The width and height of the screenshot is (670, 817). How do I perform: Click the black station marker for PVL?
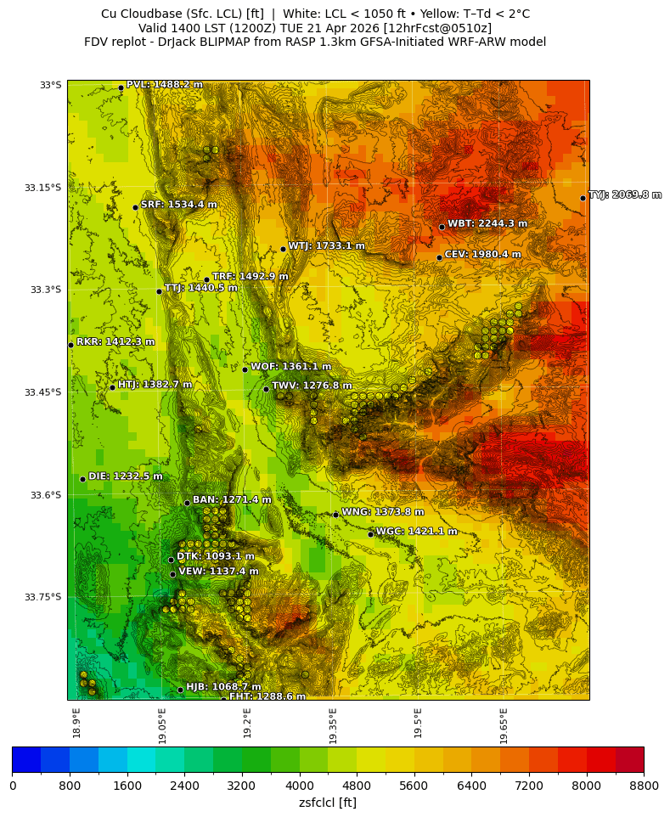(121, 87)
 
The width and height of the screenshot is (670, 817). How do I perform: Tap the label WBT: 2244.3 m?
(487, 223)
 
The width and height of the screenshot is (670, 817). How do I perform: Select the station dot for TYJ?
(583, 198)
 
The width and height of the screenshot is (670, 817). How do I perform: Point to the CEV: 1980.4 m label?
(482, 254)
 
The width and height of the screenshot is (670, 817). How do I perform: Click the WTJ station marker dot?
(283, 249)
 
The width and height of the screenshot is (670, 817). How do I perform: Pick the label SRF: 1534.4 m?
(178, 205)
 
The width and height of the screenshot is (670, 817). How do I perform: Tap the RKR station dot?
(70, 345)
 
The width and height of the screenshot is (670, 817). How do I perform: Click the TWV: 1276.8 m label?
(312, 386)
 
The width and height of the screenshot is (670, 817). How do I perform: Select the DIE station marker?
(82, 479)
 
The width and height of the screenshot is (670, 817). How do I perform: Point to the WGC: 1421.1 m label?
(416, 532)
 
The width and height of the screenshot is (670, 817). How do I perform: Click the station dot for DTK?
(171, 560)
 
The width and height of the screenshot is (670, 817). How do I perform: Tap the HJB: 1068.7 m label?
(223, 687)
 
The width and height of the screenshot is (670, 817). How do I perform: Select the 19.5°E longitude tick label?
(418, 723)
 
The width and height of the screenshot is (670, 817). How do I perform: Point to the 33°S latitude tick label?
(51, 85)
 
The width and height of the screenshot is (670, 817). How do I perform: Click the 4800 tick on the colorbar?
(357, 786)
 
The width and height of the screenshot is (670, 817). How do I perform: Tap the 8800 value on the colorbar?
(643, 786)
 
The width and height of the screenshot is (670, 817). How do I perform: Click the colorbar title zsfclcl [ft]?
(328, 802)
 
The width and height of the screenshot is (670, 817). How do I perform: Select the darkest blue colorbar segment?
(26, 759)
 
